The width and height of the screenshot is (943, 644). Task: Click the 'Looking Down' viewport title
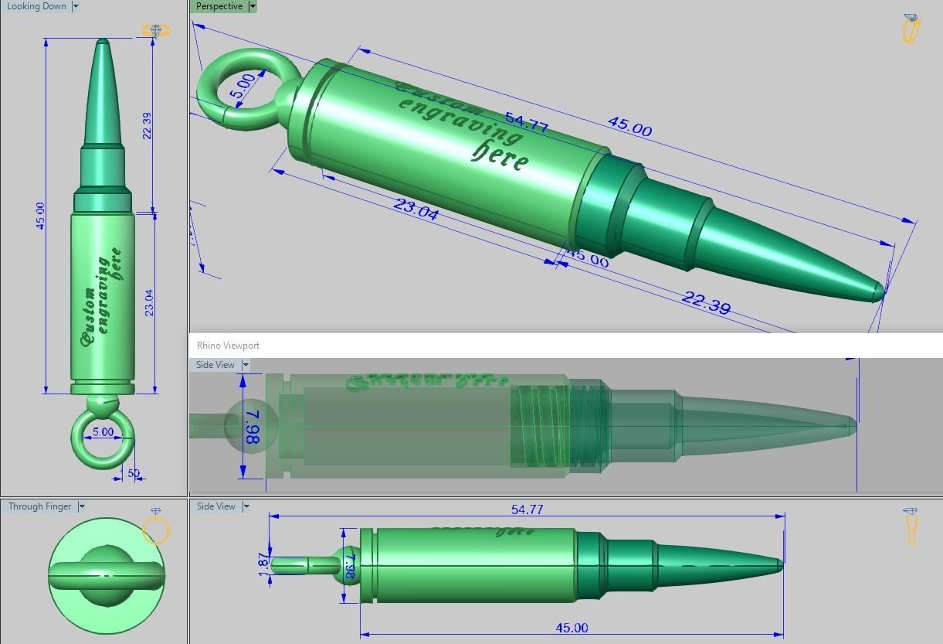36,6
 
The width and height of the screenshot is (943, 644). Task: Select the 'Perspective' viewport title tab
219,6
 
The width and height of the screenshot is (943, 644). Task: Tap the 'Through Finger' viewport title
39,506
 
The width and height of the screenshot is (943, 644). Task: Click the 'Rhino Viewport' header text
228,346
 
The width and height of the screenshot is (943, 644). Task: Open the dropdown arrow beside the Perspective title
252,6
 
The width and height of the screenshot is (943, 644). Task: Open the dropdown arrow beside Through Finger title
81,506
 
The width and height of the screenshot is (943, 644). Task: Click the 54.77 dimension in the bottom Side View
527,509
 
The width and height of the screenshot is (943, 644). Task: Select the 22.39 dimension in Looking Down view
147,126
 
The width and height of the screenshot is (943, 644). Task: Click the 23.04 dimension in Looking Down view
148,302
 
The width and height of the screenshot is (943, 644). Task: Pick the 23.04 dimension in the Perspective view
416,209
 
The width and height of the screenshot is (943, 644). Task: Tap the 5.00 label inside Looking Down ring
103,433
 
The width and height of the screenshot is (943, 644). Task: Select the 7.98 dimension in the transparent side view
252,426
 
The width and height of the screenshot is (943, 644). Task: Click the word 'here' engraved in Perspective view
500,155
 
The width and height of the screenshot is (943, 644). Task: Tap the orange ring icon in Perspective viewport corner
911,28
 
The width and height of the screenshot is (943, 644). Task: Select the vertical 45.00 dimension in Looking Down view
40,216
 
